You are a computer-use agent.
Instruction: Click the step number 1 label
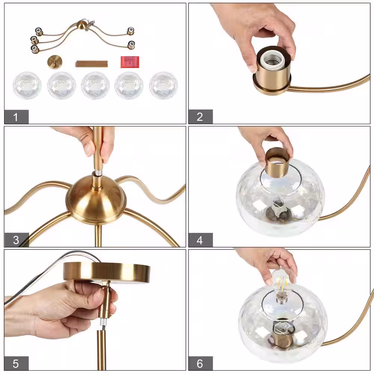point(16,117)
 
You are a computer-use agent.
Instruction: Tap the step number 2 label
point(200,117)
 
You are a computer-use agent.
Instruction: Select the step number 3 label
point(16,240)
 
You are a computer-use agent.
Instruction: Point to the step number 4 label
point(200,240)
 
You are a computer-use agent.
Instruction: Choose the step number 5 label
point(16,364)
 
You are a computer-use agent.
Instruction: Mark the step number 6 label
point(200,364)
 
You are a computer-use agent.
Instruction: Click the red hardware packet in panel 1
point(130,62)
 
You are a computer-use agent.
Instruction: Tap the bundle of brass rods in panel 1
point(92,64)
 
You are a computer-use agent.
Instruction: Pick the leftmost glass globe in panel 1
point(27,85)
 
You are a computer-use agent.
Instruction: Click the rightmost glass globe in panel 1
point(163,85)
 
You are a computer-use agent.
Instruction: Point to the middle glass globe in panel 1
point(95,85)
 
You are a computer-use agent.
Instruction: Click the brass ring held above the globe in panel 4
point(277,162)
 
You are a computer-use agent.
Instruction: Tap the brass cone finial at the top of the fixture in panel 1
point(82,25)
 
